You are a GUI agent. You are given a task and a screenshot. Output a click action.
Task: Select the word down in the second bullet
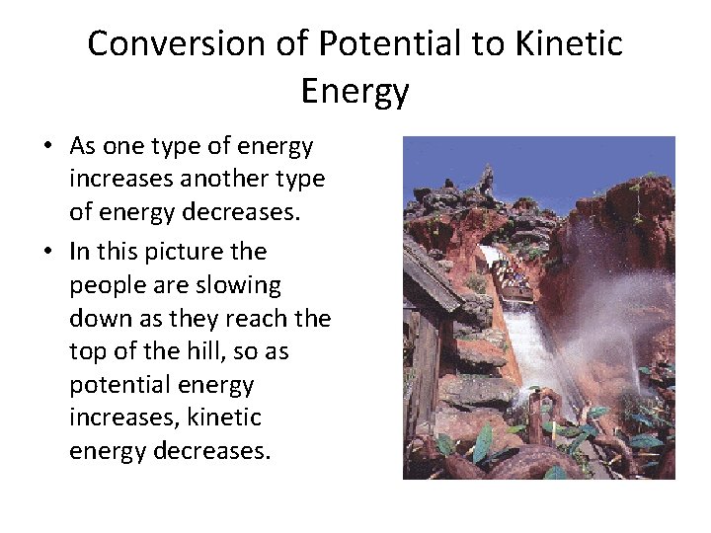tap(96, 319)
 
